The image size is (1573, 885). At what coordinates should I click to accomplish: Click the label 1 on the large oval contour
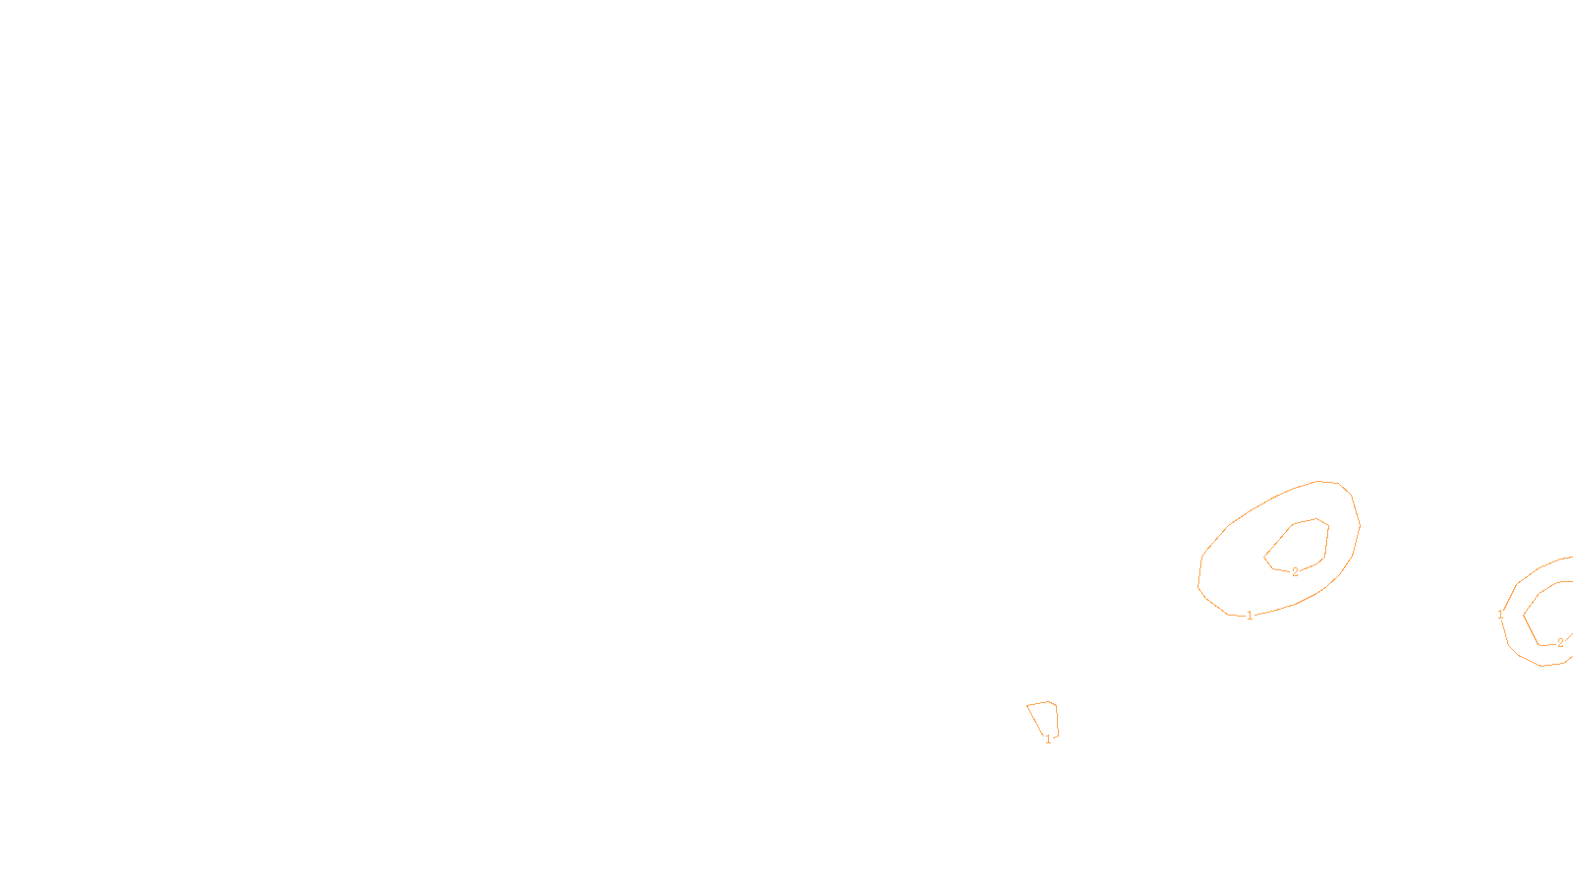1250,616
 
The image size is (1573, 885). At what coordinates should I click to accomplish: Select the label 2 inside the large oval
1295,572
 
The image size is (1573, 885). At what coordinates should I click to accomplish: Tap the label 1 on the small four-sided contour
1048,739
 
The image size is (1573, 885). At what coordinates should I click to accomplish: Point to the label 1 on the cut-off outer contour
1500,615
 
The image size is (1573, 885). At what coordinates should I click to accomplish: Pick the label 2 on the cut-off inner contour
1560,643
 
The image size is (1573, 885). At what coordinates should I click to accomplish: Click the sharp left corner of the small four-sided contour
1026,705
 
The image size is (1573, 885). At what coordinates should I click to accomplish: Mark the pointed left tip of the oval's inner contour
1264,558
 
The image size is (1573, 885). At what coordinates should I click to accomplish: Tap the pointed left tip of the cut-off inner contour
1523,616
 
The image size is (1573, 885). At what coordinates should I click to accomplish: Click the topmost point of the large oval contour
1318,481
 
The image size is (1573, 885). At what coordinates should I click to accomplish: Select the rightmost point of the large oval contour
1361,525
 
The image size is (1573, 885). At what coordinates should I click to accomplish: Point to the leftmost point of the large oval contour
1198,586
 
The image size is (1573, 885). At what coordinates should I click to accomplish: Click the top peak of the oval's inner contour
1316,519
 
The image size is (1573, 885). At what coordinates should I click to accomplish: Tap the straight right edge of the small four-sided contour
1057,720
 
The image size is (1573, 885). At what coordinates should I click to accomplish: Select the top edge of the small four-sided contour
1037,703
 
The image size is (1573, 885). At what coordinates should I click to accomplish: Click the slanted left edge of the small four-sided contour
1034,720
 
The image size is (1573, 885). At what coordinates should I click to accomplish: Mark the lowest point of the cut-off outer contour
1543,666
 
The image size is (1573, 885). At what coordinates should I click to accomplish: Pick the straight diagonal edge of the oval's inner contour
1277,542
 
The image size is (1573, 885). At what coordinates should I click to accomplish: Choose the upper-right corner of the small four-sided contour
1056,705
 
